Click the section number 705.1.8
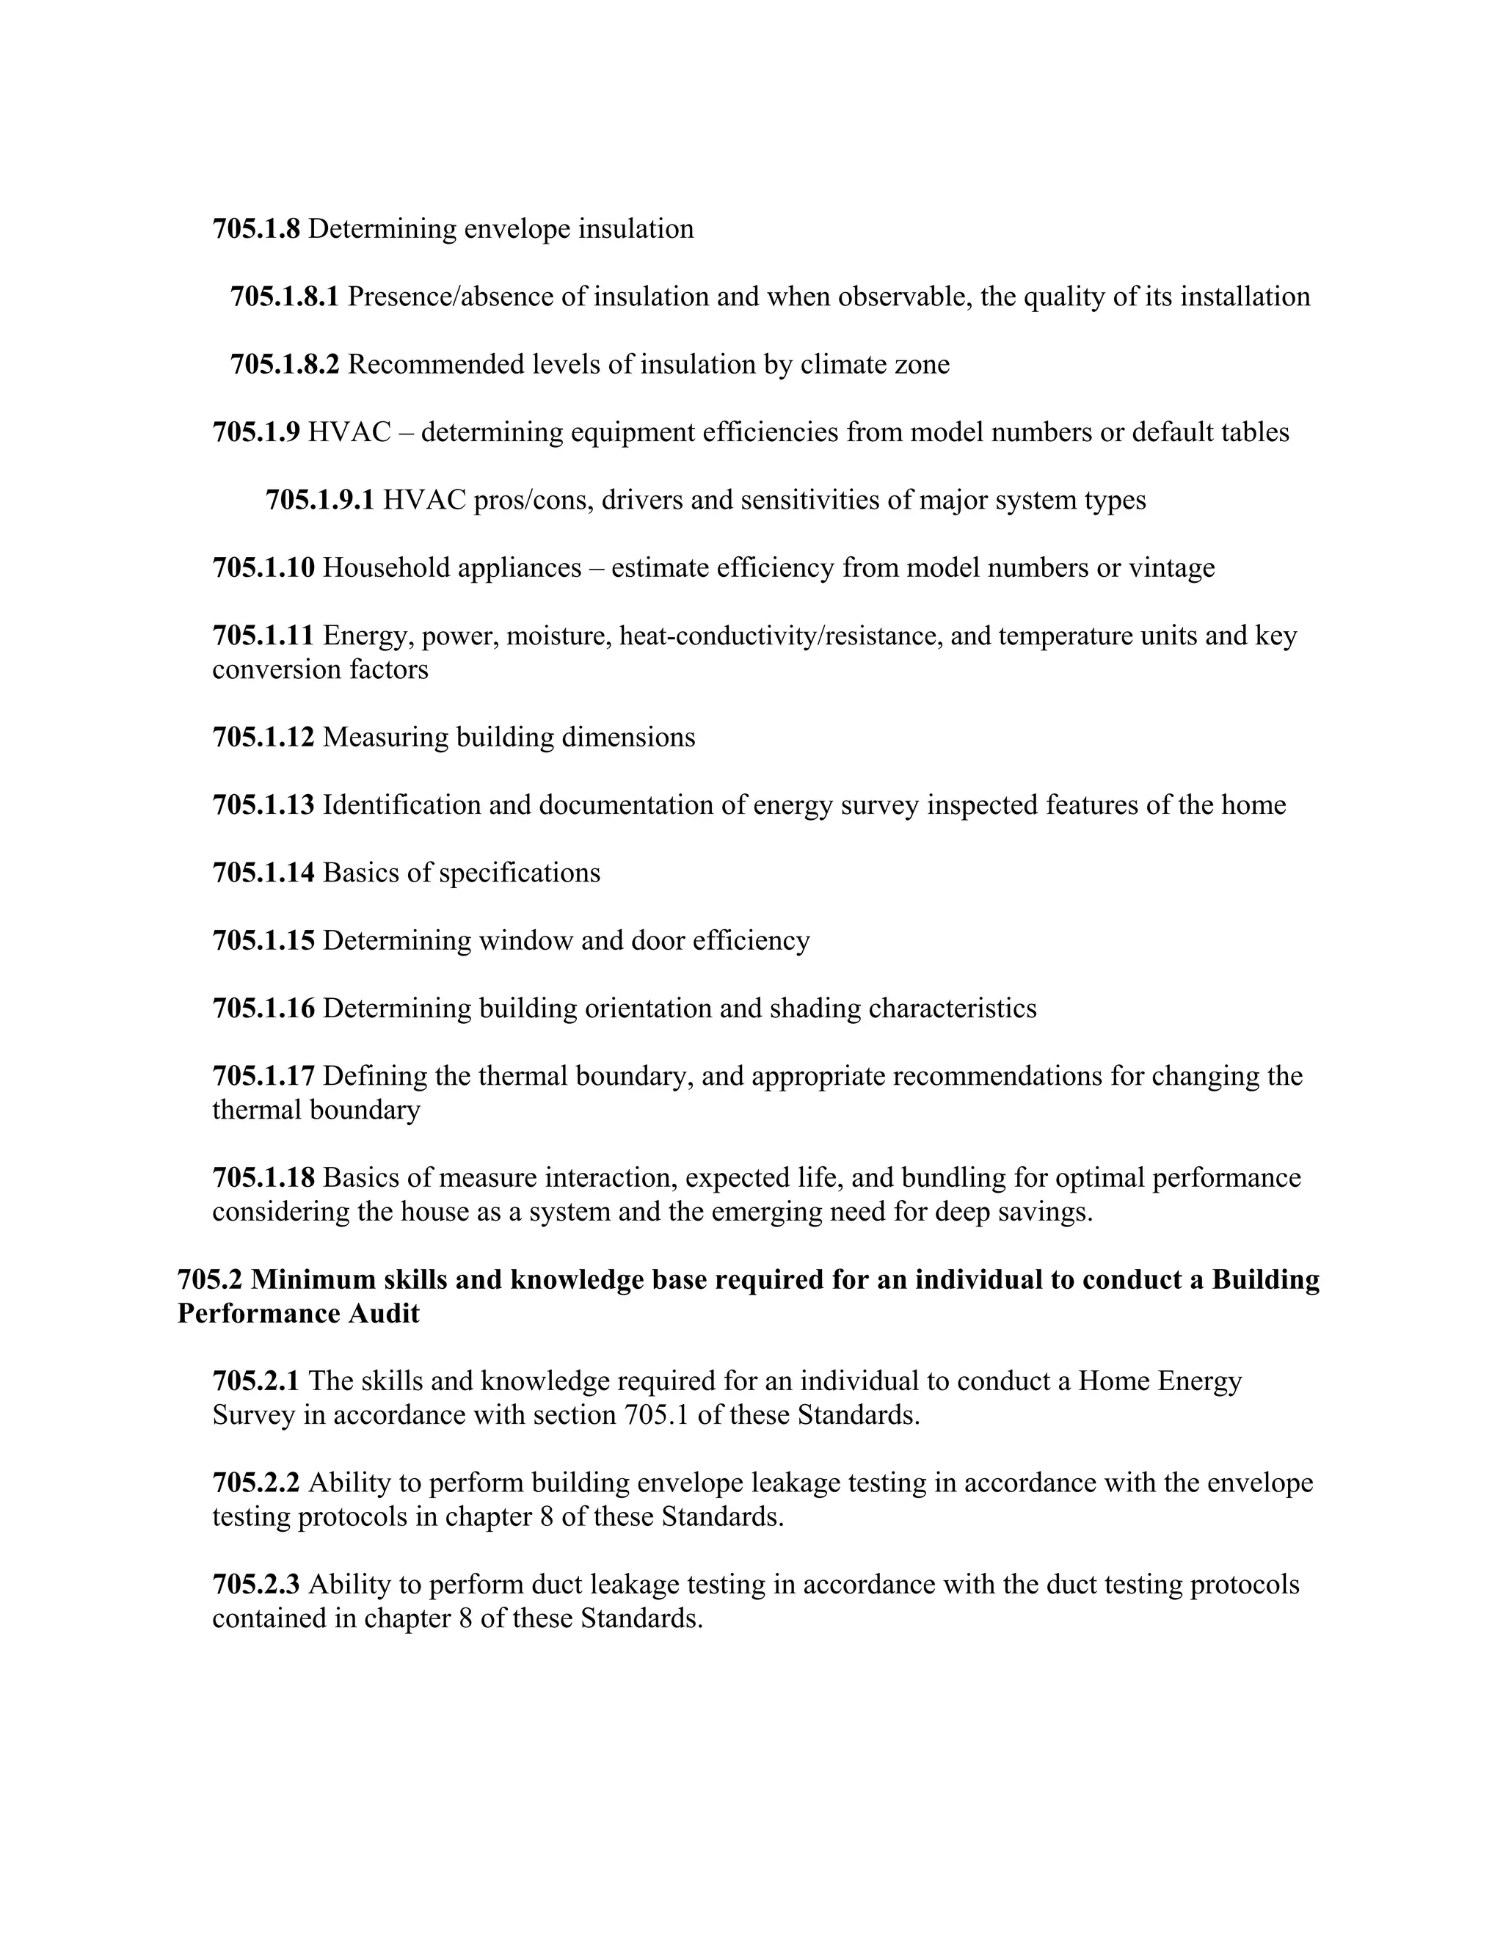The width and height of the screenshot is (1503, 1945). point(255,229)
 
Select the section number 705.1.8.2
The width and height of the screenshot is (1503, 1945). point(285,364)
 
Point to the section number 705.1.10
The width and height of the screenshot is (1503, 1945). point(263,567)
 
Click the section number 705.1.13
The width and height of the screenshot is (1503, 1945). point(263,805)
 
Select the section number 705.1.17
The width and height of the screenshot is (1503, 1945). point(263,1076)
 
